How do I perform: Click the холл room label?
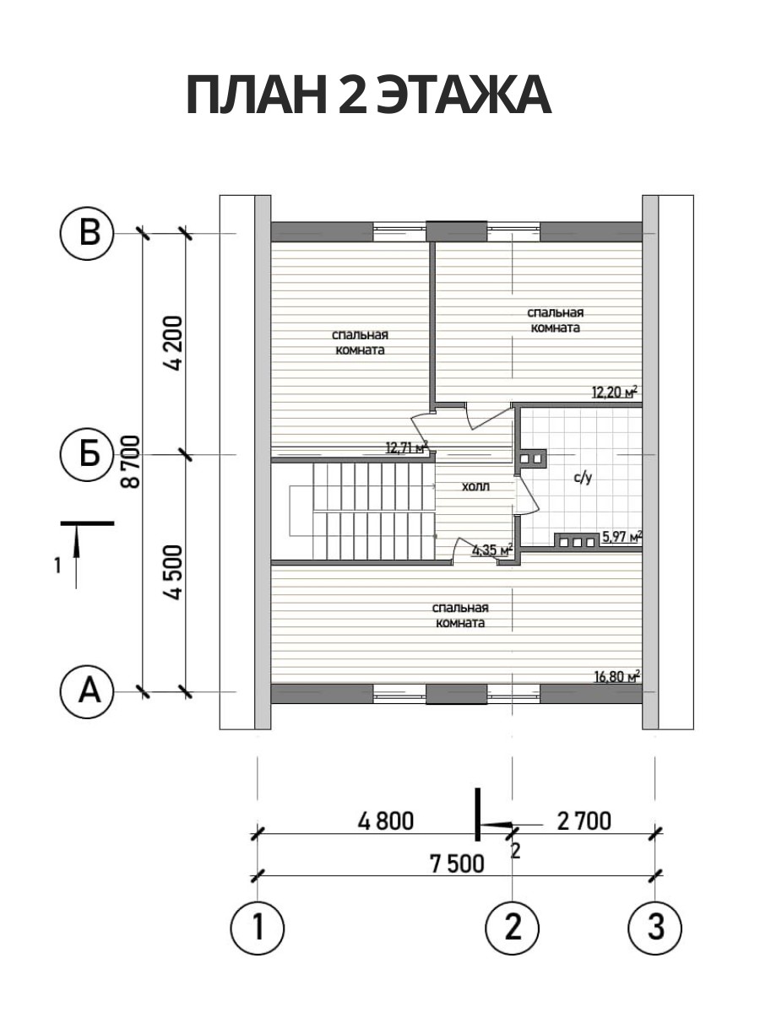(x=475, y=486)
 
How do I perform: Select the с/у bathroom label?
(x=583, y=478)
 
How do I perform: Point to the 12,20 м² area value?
(x=615, y=393)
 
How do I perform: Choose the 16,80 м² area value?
(x=617, y=677)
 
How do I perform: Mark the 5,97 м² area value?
(x=622, y=537)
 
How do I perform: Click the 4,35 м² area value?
(x=493, y=550)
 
